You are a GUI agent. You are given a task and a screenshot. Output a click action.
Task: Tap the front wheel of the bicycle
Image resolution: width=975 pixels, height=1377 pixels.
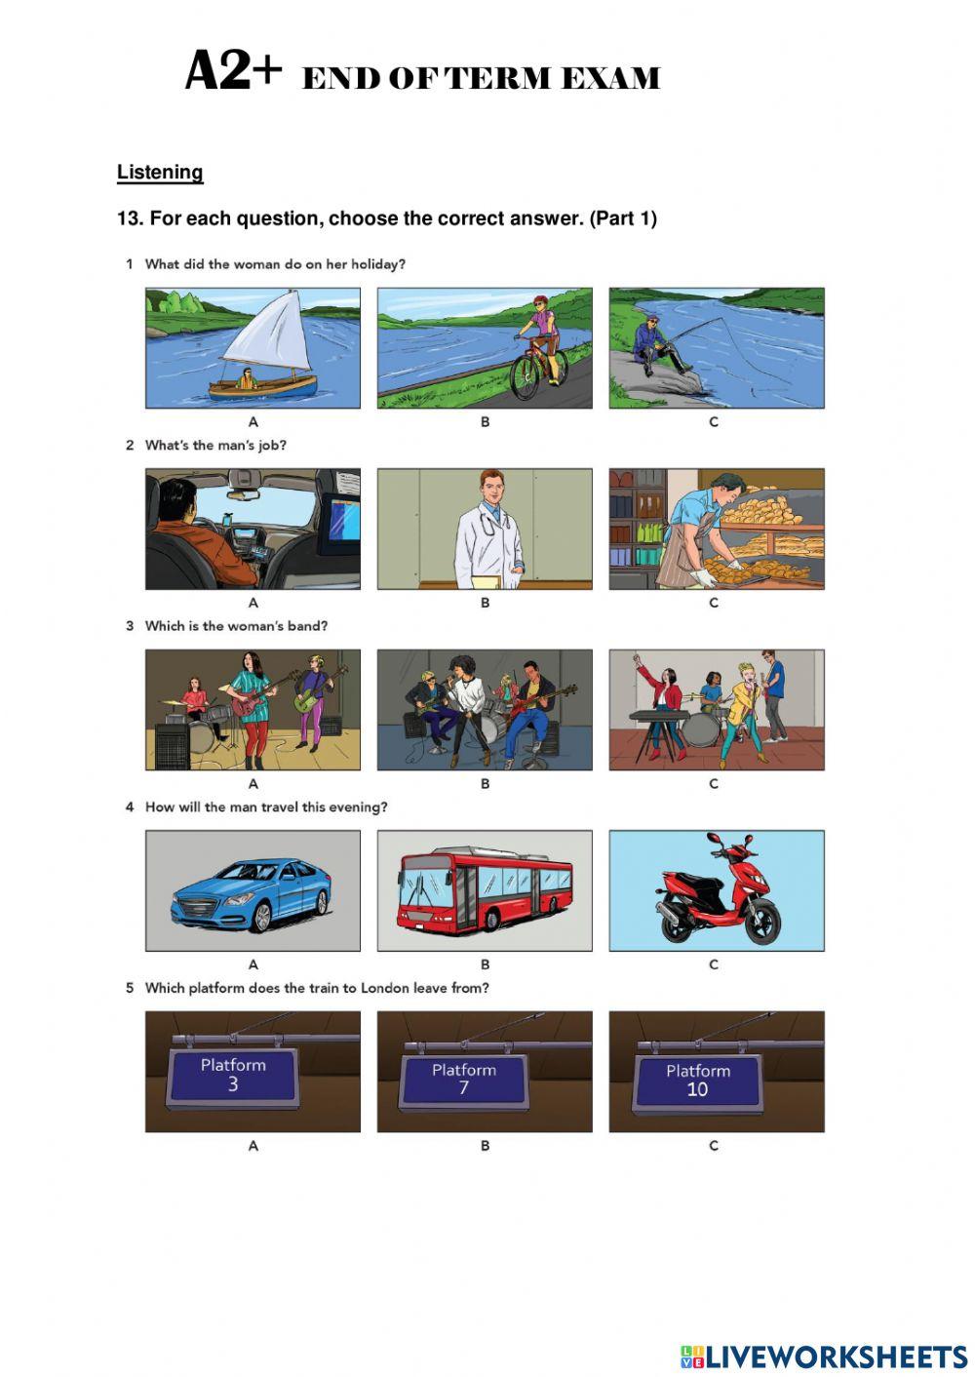[x=525, y=378]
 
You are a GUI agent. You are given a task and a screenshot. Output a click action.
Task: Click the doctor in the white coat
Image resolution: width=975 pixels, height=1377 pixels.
[x=489, y=530]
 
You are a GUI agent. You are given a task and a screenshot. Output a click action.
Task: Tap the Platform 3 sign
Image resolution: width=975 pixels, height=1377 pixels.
[x=233, y=1077]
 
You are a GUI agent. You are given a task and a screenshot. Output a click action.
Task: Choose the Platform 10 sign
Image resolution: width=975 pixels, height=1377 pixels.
[x=698, y=1083]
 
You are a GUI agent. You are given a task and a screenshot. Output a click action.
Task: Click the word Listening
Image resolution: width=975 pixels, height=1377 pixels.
[x=160, y=172]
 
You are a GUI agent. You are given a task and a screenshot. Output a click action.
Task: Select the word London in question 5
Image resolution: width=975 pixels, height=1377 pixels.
[x=384, y=988]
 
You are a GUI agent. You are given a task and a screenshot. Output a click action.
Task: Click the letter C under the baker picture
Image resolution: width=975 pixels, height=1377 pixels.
[x=714, y=603]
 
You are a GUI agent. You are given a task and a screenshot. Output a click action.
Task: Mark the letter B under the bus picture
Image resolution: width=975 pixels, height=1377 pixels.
[x=485, y=964]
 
